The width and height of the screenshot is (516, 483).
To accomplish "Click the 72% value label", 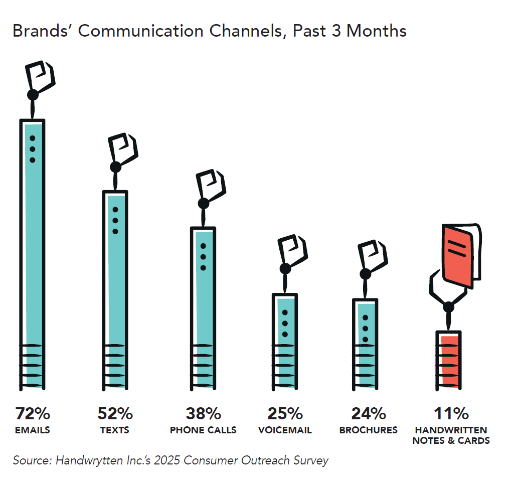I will [33, 414].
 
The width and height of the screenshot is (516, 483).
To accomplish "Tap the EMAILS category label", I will [33, 430].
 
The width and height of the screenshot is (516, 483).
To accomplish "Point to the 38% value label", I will [203, 414].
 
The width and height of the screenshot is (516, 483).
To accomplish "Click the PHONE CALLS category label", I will [203, 430].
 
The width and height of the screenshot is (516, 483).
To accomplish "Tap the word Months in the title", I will [376, 31].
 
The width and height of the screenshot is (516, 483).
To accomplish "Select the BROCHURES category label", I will [368, 430].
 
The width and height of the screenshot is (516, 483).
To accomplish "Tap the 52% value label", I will [115, 414].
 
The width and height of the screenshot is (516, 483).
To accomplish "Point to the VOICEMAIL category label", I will [285, 430].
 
